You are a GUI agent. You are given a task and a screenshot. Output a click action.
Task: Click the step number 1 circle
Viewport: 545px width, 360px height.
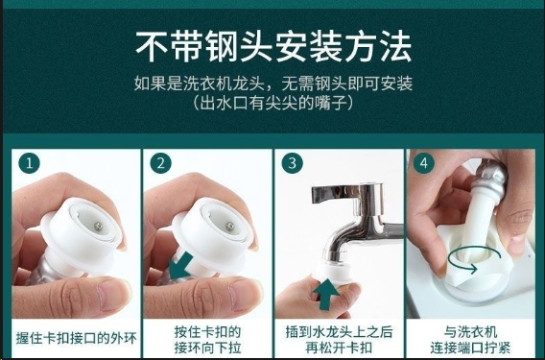[x=29, y=163]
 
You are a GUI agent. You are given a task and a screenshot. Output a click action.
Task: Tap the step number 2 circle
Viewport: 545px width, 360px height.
[x=161, y=163]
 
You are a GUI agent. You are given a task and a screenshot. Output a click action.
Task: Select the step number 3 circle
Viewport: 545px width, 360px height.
[x=293, y=163]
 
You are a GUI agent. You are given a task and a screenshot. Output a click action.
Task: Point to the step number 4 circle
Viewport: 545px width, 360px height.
[x=424, y=163]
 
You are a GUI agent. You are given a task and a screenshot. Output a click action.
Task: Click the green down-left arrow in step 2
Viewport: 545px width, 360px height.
[x=180, y=266]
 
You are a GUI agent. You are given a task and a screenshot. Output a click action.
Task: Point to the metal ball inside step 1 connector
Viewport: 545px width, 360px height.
[x=99, y=227]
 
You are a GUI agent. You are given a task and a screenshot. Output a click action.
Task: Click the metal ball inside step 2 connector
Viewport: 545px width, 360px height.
[x=229, y=227]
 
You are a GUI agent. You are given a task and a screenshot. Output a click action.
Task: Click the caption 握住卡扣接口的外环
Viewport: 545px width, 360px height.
[x=77, y=338]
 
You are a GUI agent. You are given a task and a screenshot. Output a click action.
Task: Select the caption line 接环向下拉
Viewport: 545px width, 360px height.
[x=207, y=348]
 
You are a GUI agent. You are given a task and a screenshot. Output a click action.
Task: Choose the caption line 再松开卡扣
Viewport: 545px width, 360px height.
[x=339, y=348]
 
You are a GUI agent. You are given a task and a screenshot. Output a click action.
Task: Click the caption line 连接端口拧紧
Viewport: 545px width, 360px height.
[x=470, y=348]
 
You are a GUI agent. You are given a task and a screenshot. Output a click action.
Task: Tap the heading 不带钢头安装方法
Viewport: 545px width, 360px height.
[x=273, y=47]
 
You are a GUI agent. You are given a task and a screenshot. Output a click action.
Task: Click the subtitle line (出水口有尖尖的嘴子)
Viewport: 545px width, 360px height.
[x=273, y=104]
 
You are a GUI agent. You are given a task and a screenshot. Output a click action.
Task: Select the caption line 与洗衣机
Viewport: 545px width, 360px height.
[x=470, y=332]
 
